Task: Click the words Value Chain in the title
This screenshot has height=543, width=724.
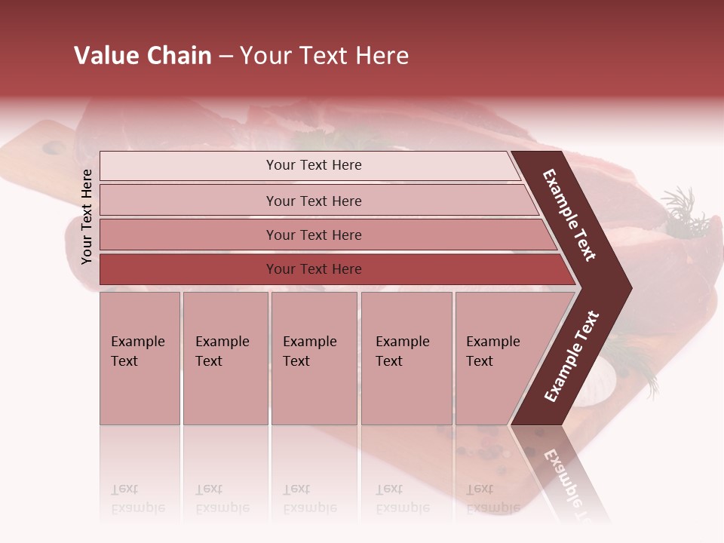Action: [x=143, y=56]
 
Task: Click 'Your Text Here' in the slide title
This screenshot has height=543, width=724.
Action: [x=324, y=56]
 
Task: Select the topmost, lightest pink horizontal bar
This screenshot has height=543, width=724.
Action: [x=313, y=165]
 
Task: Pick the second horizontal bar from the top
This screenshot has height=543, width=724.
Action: [x=313, y=201]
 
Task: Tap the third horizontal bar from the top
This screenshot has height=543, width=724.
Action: [x=313, y=235]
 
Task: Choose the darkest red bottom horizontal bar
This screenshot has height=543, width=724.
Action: [x=313, y=269]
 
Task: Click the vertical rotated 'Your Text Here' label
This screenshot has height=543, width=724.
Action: [x=87, y=216]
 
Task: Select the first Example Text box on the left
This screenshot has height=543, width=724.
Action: [x=140, y=358]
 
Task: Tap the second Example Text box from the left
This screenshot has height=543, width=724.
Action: [x=225, y=358]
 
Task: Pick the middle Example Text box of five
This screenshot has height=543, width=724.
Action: [x=313, y=358]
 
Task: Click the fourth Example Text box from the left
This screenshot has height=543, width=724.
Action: [x=406, y=358]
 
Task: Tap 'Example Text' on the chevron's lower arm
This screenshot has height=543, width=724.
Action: [x=572, y=357]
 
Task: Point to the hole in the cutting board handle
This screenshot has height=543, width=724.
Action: [x=54, y=148]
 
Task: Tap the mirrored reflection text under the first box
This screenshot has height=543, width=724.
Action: [x=138, y=499]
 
